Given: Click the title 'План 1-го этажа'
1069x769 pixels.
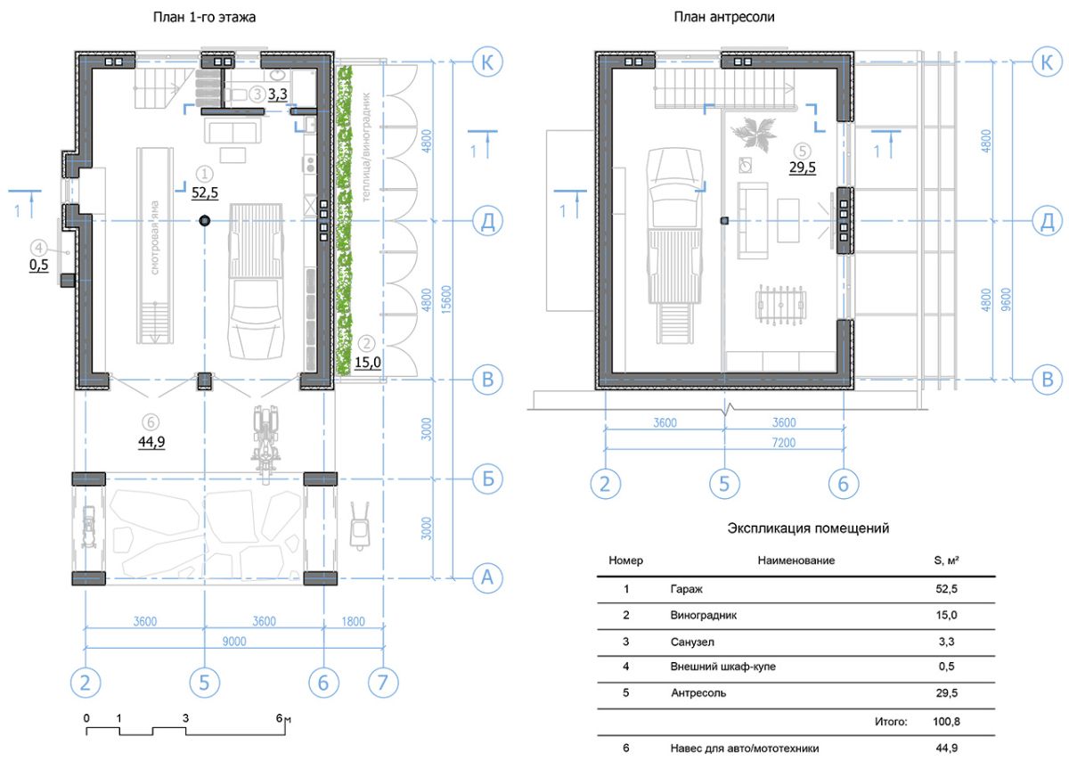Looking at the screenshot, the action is [204, 18].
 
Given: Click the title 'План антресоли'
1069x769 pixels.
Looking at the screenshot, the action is [724, 17].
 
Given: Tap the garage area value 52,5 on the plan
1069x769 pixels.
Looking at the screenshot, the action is [205, 192].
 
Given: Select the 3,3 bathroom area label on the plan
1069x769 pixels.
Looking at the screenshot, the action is [277, 94].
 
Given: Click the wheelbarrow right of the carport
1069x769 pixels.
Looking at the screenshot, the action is [360, 526].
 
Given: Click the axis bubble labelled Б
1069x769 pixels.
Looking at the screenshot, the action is [487, 479].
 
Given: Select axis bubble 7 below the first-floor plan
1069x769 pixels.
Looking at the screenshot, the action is [383, 683].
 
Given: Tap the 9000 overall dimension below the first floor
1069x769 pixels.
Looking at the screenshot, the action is [234, 641].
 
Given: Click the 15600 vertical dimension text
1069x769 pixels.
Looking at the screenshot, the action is [445, 299].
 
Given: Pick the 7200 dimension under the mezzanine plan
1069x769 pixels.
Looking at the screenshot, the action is [784, 443].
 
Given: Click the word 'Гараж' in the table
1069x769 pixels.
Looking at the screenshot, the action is [686, 589].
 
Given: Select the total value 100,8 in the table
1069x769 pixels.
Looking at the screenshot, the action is [946, 721].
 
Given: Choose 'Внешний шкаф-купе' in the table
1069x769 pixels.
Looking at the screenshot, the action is [722, 667].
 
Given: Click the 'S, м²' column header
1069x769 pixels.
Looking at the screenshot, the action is [946, 560].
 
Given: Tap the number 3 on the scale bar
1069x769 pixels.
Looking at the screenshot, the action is [185, 718].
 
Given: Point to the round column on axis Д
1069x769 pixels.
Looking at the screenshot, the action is [205, 220].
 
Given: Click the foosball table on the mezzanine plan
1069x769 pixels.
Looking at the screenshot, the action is [780, 305].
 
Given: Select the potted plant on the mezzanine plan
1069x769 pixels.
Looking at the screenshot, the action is [754, 135].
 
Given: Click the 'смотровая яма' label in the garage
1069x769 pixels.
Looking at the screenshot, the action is [155, 238].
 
